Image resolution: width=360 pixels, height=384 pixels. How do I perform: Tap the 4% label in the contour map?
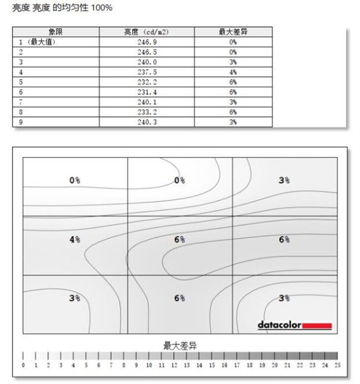point(75,239)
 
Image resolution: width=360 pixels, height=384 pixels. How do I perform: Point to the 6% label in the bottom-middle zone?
point(179,298)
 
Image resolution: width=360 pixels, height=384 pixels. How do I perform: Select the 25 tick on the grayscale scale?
point(338,365)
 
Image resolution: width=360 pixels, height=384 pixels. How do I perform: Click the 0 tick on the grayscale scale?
point(23,365)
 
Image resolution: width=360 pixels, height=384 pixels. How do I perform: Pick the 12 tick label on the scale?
point(174,365)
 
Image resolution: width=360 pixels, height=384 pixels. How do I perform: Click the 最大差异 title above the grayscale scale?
point(180,346)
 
